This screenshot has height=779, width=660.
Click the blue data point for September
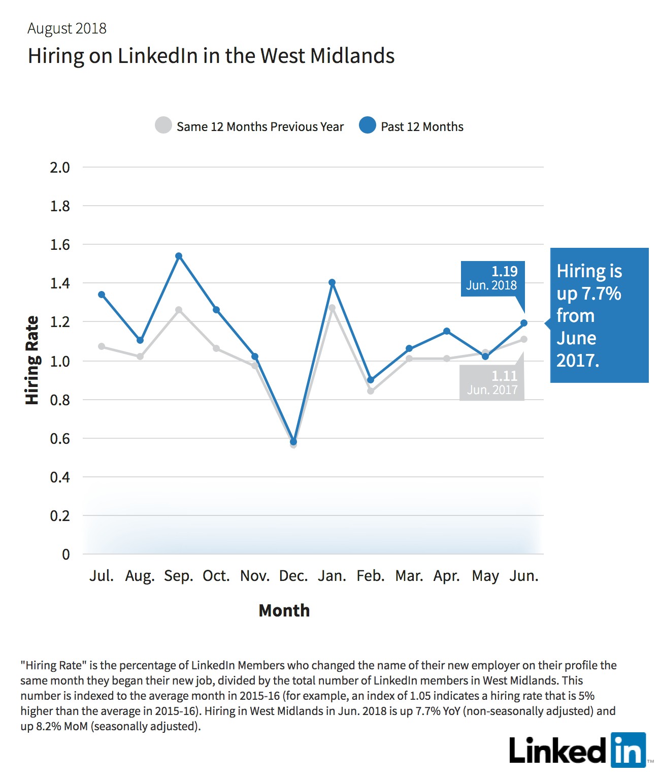tap(179, 256)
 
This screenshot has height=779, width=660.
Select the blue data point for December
tap(293, 442)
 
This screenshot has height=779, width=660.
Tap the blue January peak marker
tap(332, 283)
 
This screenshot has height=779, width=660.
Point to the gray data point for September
tap(179, 310)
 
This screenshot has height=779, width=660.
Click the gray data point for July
tap(102, 346)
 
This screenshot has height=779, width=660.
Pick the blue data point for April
tap(447, 331)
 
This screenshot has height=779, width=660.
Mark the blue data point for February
tap(371, 380)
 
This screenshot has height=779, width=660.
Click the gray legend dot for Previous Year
tap(163, 125)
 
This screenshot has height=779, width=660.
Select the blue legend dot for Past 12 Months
tap(367, 125)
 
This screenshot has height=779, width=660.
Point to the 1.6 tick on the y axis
tap(60, 245)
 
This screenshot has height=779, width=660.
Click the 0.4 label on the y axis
tap(60, 477)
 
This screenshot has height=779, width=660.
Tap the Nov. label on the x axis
tap(255, 576)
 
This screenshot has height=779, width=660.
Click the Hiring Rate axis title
tap(32, 360)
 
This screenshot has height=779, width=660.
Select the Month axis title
tap(284, 610)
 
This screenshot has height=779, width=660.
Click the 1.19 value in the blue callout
tap(505, 271)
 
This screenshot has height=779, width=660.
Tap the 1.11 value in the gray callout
tap(505, 376)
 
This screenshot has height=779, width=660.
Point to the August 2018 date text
tap(67, 28)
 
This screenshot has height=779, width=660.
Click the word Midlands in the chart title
tap(352, 56)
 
